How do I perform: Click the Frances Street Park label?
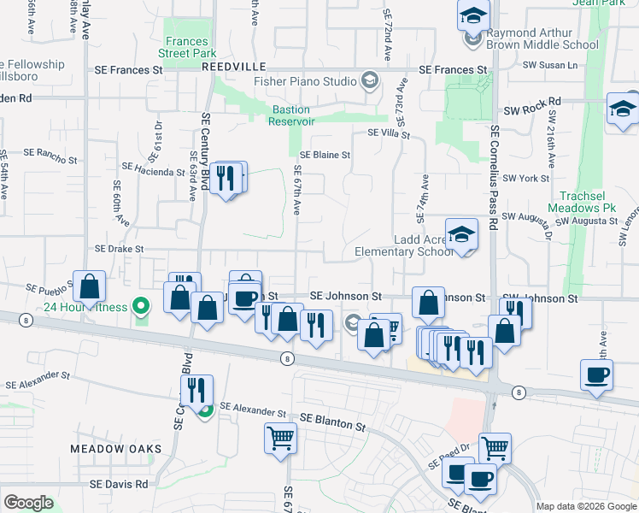187,47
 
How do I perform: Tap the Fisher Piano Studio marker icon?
370,81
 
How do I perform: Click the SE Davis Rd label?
119,484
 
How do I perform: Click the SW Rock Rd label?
531,110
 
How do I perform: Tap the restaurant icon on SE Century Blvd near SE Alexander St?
197,390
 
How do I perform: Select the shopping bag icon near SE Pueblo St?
90,287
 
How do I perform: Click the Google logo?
29,503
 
